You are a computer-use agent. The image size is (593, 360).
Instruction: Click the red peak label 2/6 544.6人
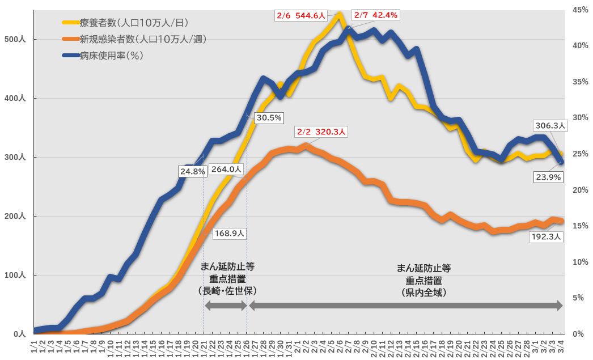coord(299,15)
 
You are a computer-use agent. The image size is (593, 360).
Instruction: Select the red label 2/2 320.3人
coord(321,132)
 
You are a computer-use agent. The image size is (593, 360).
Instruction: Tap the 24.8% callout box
coord(192,171)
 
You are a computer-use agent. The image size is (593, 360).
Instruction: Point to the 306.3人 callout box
coord(548,125)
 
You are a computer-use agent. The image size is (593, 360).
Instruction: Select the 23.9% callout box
coord(548,177)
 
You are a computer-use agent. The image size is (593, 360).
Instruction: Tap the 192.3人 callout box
coord(547,237)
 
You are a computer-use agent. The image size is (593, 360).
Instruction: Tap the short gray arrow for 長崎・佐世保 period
coord(226,306)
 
